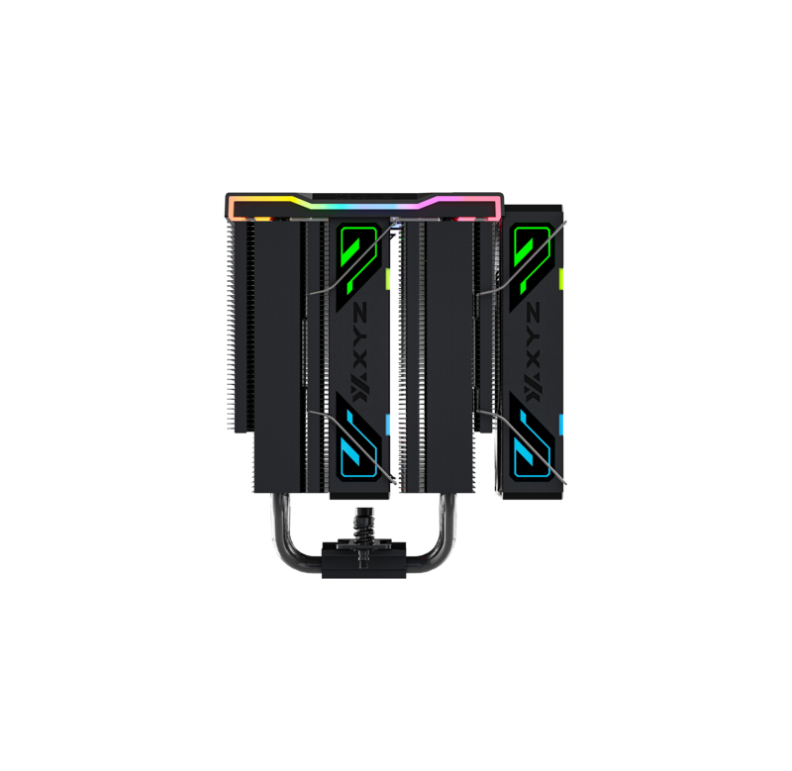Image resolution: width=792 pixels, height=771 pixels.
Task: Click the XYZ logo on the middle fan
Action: coord(361,352)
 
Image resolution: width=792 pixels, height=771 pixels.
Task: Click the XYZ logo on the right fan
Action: coord(533,352)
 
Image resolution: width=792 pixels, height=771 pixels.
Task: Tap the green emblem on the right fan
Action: coord(532,256)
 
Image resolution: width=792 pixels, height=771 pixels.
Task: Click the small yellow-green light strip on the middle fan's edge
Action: coord(388,279)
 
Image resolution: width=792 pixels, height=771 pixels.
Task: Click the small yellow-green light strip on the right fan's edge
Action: coord(561,279)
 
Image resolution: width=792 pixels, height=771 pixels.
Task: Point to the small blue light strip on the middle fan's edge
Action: coord(388,425)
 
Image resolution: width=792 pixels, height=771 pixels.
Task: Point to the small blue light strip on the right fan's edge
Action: coord(561,425)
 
